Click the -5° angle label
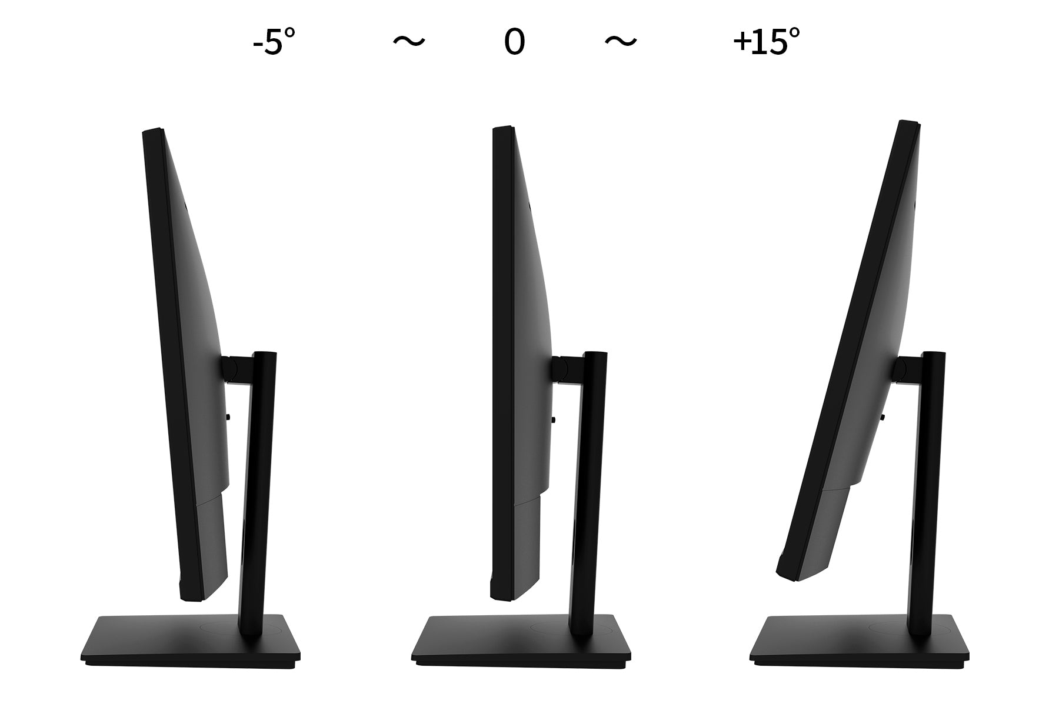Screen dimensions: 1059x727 coord(274,42)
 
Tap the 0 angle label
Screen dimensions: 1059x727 coord(514,42)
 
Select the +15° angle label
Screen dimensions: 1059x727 coord(767,42)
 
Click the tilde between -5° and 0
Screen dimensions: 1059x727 coord(408,41)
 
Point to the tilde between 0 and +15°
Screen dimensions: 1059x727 coord(621,41)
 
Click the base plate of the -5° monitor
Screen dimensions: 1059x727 coord(190,642)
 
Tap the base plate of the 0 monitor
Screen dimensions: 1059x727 coord(521,642)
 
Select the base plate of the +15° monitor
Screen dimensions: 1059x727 coord(860,642)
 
